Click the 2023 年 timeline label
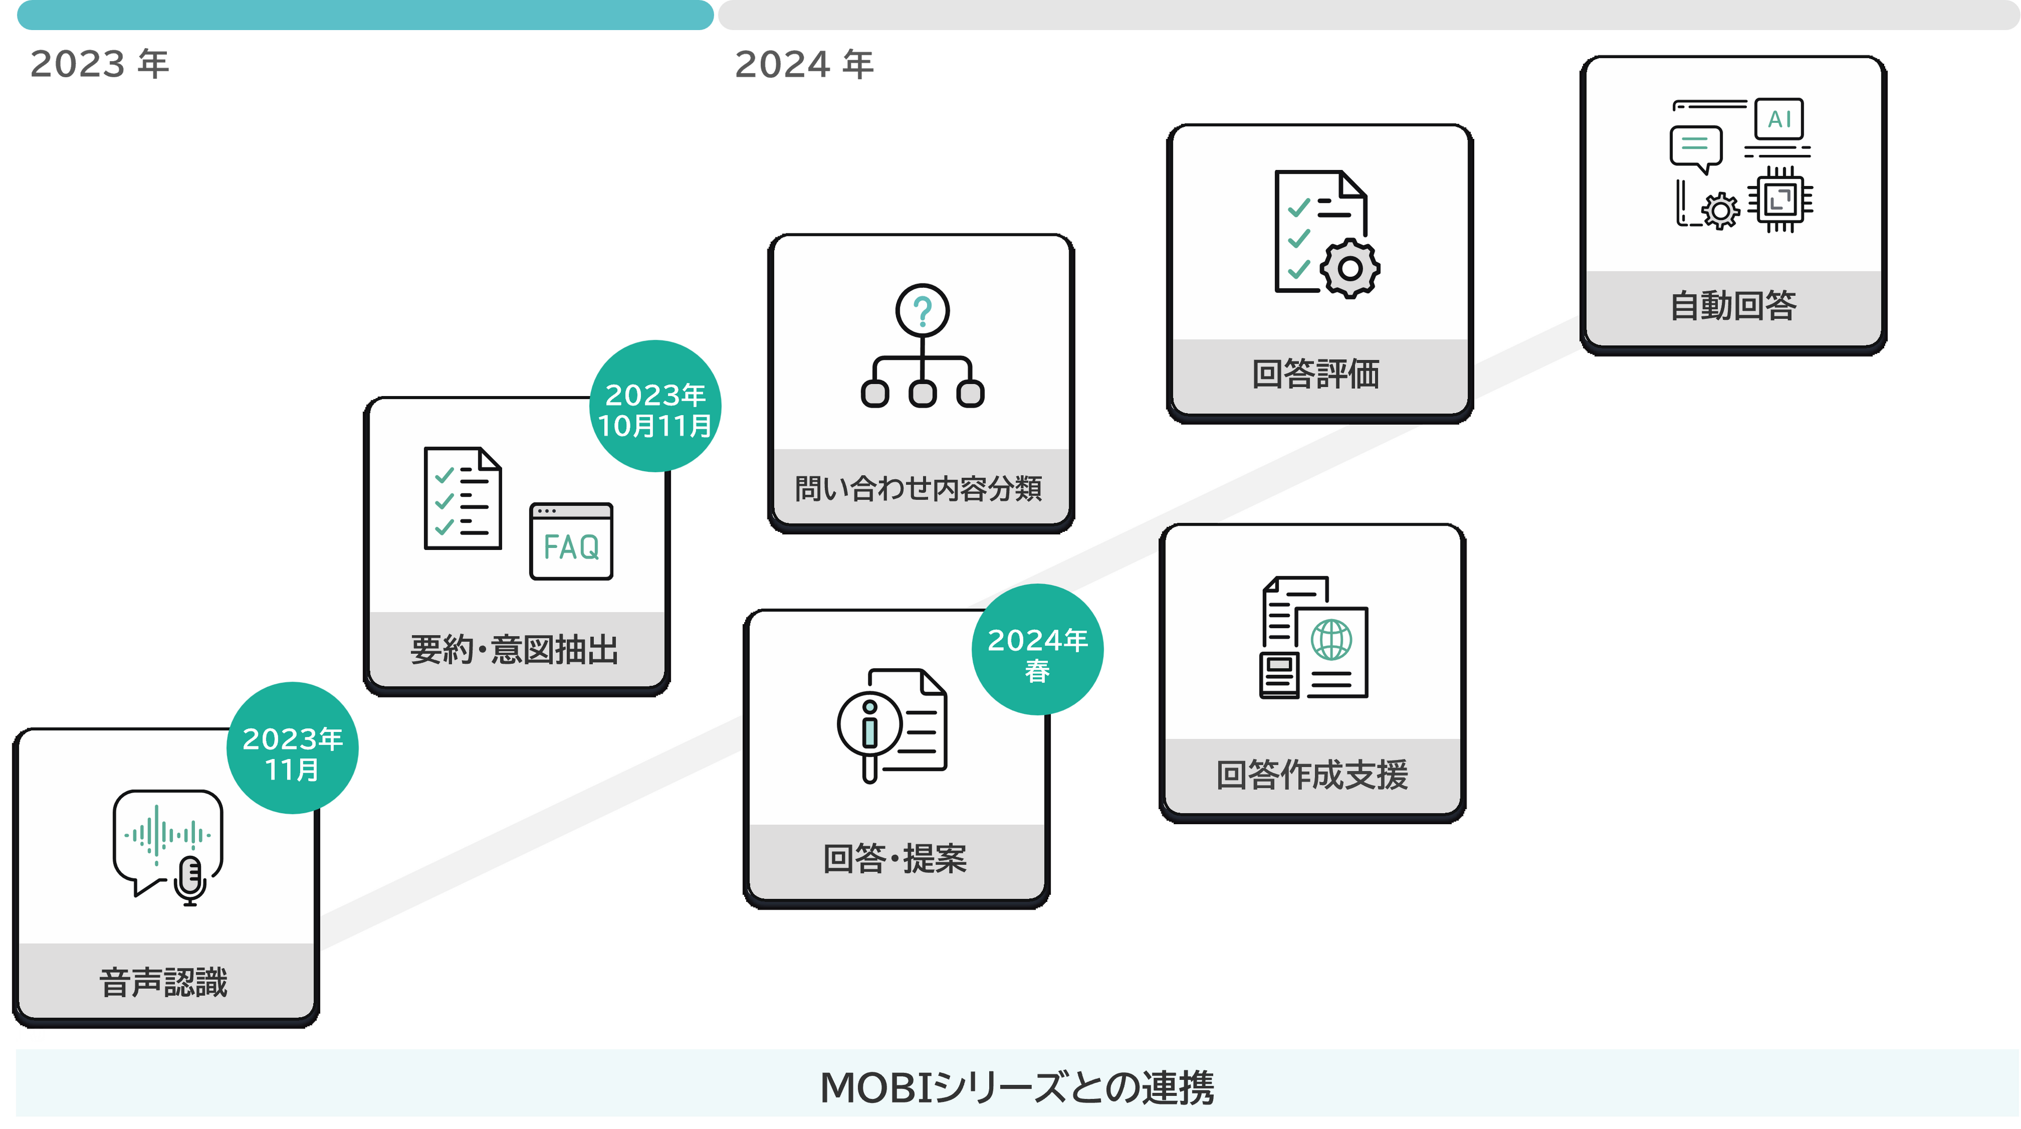coord(99,64)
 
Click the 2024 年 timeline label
coord(804,64)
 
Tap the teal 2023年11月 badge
coord(293,747)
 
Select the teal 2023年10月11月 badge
coord(655,406)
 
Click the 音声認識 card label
coord(163,982)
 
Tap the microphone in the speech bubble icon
coord(190,879)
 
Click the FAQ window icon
coord(571,541)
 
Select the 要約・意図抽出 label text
coord(515,650)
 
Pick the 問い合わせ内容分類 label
coord(919,488)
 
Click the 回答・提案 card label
coord(895,858)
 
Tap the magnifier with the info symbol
coord(869,726)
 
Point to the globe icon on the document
coord(1331,640)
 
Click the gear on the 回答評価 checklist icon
coord(1349,269)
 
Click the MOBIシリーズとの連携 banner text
coord(1017,1088)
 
